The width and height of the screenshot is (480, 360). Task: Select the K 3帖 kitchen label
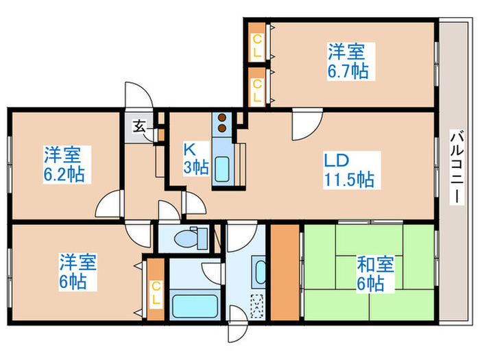pos(195,157)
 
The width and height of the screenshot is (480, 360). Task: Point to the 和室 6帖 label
pos(370,272)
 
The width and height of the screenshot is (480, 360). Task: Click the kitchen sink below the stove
pos(224,168)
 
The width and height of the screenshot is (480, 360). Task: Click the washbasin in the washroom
pos(260,272)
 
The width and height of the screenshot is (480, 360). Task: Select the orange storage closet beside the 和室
pos(284,272)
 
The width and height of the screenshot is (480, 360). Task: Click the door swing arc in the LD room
pos(307,123)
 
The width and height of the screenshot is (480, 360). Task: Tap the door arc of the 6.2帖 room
pos(108,204)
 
